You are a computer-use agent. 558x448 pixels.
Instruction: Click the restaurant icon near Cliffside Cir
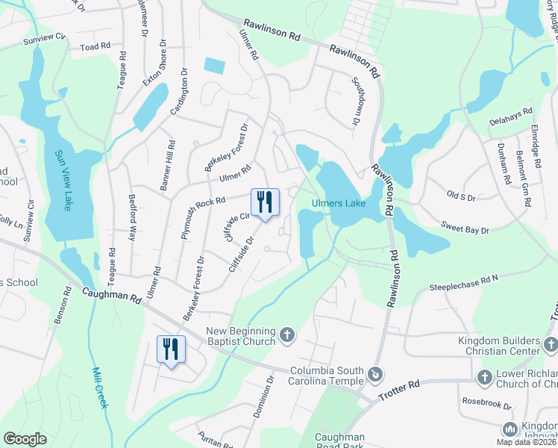[264, 202]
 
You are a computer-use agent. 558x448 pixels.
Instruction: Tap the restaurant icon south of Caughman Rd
[171, 349]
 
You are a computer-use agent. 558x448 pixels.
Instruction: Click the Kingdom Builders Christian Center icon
[551, 343]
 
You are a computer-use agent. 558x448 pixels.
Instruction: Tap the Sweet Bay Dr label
[464, 226]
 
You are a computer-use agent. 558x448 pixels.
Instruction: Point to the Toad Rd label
[95, 47]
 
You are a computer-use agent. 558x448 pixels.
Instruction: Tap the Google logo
[25, 439]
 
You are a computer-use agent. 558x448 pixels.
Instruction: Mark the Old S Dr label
[460, 196]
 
